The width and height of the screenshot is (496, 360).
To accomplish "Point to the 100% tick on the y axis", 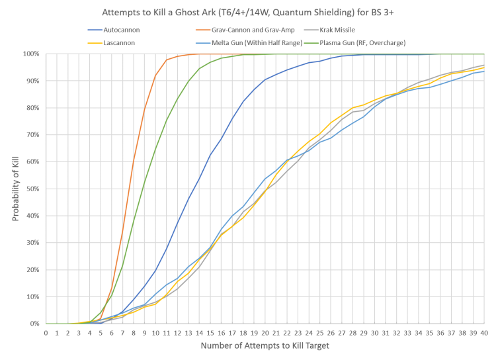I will (x=33, y=54).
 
